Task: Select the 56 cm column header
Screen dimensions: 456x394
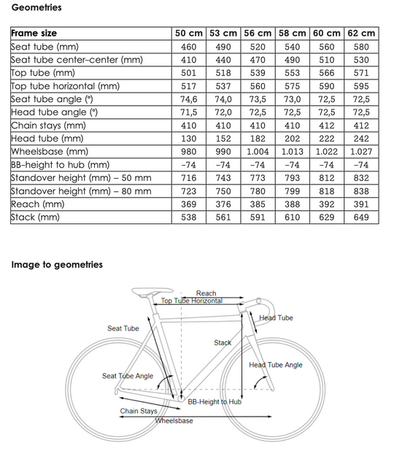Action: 258,33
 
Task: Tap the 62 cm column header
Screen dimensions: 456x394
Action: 361,33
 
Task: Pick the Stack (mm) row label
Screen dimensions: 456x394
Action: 34,217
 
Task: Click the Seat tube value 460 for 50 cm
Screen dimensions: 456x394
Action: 188,46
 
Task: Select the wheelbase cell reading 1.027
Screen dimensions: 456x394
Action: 361,151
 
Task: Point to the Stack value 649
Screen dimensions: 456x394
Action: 361,217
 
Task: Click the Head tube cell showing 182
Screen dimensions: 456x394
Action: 258,138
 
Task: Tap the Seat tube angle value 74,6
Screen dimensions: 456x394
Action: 188,98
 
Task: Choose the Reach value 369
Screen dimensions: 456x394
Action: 188,204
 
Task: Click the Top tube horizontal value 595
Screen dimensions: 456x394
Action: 361,85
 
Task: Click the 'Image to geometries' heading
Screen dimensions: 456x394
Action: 57,264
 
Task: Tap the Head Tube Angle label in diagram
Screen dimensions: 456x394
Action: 275,365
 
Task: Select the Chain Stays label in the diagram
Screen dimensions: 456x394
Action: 139,411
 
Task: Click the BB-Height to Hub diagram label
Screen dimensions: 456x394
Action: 215,401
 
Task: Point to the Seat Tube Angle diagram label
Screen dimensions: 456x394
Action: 128,376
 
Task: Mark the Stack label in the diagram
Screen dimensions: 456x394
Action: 223,342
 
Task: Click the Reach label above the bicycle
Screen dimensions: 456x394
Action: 206,293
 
